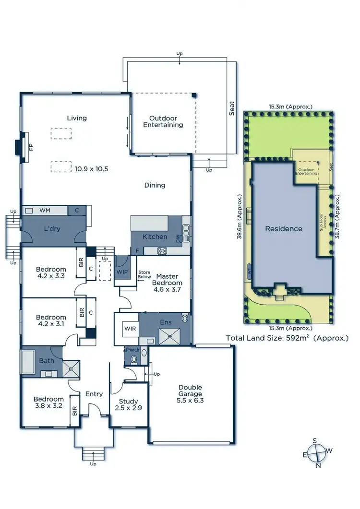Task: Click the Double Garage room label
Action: pyautogui.click(x=191, y=393)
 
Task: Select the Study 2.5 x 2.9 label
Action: pyautogui.click(x=128, y=404)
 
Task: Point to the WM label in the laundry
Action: pyautogui.click(x=45, y=210)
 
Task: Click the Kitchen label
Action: pyautogui.click(x=155, y=237)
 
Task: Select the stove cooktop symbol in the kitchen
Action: pyautogui.click(x=162, y=250)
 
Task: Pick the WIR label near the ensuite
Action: pyautogui.click(x=130, y=330)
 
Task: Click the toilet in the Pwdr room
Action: pyautogui.click(x=133, y=358)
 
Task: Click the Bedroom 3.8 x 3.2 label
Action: pyautogui.click(x=48, y=402)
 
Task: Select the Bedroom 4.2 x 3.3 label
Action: pyautogui.click(x=50, y=273)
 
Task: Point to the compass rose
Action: pyautogui.click(x=317, y=452)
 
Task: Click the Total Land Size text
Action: pyautogui.click(x=287, y=338)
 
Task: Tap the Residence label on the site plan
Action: pyautogui.click(x=284, y=229)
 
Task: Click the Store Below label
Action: pyautogui.click(x=144, y=275)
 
